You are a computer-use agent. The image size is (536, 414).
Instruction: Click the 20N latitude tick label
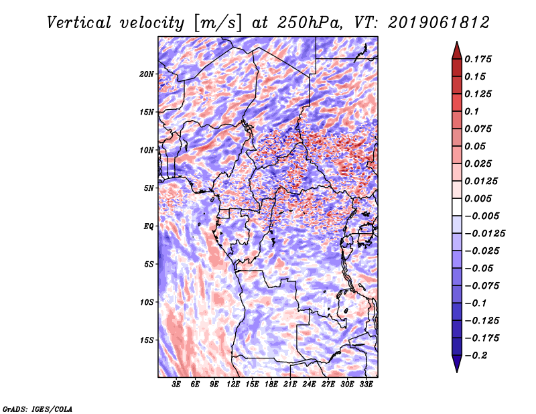[147, 74]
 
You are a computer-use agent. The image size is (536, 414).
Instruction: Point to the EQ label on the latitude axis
[148, 226]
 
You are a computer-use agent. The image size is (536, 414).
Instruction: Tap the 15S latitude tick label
[147, 340]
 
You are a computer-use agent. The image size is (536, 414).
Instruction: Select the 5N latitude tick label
[149, 188]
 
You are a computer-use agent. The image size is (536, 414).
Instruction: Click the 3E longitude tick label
[176, 385]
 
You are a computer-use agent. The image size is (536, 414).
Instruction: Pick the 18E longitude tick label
[271, 385]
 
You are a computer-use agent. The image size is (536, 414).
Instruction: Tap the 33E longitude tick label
[366, 385]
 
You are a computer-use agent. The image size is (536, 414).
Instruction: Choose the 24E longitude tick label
[309, 385]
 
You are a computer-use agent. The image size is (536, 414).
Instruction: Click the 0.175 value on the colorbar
[478, 59]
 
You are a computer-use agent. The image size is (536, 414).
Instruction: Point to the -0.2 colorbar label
[476, 356]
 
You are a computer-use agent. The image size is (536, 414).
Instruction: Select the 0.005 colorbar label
[478, 198]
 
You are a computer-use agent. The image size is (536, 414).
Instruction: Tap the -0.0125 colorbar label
[484, 234]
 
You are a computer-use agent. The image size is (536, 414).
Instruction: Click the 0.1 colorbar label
[472, 111]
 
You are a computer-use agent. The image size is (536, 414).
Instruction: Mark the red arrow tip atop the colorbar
[457, 42]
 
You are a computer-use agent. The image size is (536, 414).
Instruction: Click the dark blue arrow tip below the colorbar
[457, 372]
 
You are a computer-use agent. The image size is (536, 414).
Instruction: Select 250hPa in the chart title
[310, 23]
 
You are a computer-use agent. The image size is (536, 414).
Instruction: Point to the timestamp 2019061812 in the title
[439, 23]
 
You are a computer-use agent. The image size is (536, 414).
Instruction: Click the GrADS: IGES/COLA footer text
[38, 409]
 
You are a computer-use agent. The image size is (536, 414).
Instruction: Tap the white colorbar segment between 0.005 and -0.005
[457, 207]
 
